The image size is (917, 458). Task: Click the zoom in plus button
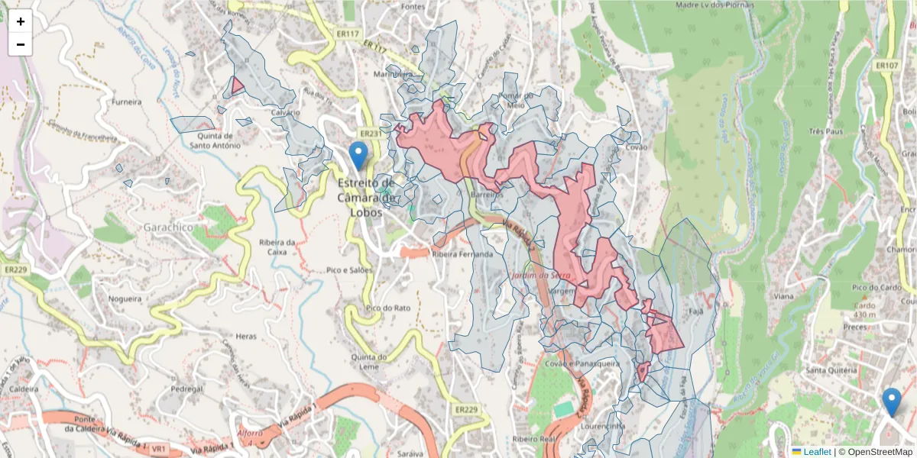point(21,21)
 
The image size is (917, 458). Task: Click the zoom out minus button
point(21,44)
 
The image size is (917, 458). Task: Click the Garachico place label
point(168,227)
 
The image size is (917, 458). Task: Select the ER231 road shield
point(370,134)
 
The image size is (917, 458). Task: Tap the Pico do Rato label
point(388,308)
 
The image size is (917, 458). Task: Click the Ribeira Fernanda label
point(462,254)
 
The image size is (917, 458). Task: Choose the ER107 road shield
point(886,66)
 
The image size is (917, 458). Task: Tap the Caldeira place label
point(24,389)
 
